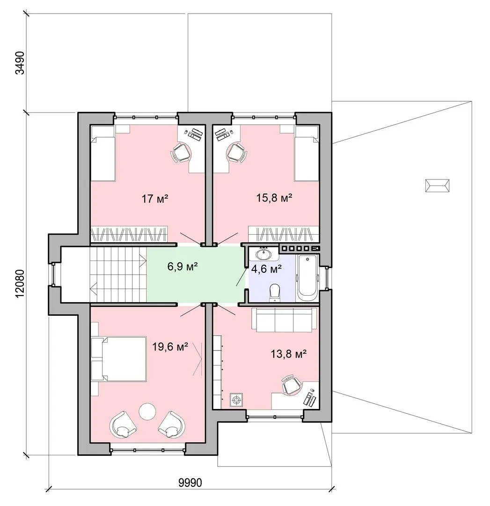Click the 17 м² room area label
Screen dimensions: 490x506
[x=155, y=199]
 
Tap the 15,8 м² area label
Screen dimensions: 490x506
[x=274, y=198]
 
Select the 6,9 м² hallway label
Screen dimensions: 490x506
[x=183, y=267]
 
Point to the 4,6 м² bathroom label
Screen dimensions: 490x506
[x=267, y=268]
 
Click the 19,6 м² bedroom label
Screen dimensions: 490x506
[x=170, y=347]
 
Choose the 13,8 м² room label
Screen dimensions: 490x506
[x=288, y=354]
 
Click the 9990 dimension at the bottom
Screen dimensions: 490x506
[x=190, y=483]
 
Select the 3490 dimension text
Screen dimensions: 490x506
[x=20, y=63]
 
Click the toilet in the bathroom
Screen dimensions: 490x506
[x=275, y=292]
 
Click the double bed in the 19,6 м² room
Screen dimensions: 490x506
[x=118, y=359]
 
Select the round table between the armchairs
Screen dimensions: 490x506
[x=147, y=411]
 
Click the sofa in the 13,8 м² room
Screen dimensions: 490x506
[x=284, y=320]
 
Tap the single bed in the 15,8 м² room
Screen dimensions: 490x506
[x=307, y=153]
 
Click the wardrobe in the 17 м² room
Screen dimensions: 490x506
[x=129, y=235]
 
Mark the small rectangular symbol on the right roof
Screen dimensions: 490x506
[x=438, y=185]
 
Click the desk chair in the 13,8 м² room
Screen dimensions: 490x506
[x=292, y=384]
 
